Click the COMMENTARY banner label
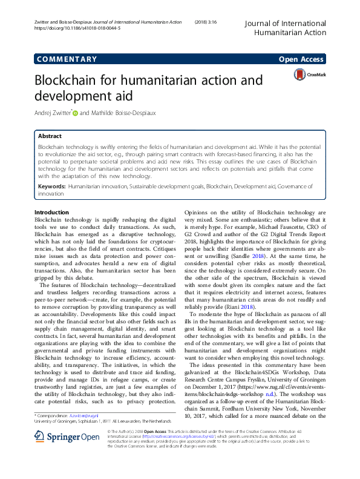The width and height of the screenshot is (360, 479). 67,59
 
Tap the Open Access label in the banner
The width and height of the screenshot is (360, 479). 302,59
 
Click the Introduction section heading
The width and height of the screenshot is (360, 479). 52,212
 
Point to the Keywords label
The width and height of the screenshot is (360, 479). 51,187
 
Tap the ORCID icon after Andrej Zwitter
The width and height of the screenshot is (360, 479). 75,113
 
